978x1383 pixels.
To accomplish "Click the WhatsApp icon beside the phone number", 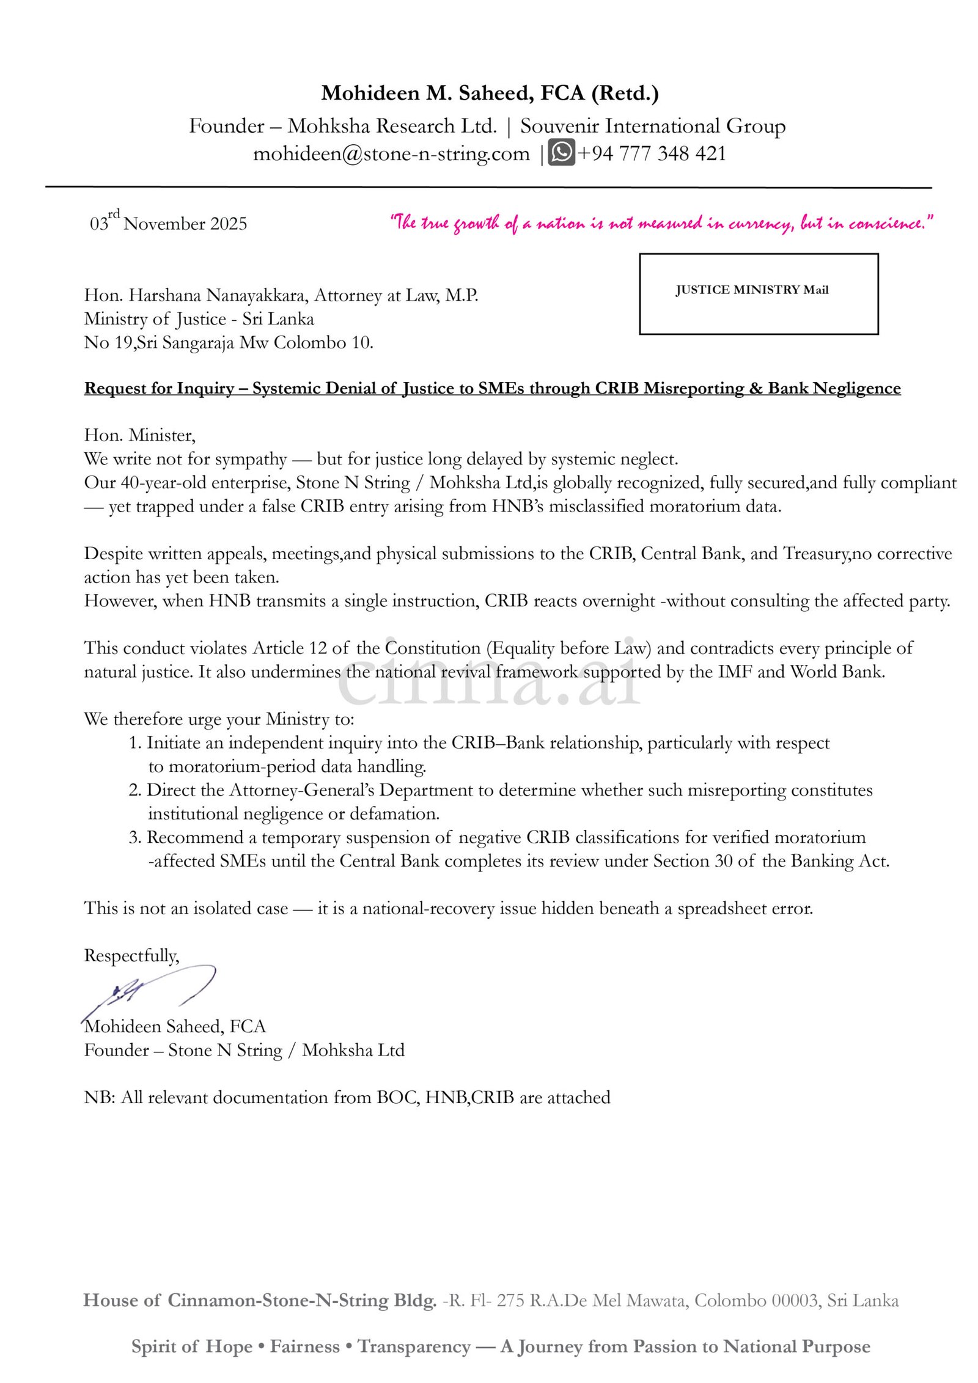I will pyautogui.click(x=561, y=153).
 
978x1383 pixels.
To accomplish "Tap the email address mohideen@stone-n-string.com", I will pyautogui.click(x=391, y=153).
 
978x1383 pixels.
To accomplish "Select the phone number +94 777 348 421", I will pyautogui.click(x=652, y=153).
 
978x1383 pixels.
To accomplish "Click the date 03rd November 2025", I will pyautogui.click(x=169, y=223).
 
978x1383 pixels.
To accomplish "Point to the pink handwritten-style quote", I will pyautogui.click(x=661, y=223).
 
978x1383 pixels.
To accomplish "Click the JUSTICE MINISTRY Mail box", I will pyautogui.click(x=758, y=294).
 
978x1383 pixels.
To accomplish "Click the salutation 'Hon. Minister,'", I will pyautogui.click(x=140, y=436).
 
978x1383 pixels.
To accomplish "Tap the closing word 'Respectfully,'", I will pyautogui.click(x=131, y=956).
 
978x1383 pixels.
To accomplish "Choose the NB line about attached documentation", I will pyautogui.click(x=347, y=1098).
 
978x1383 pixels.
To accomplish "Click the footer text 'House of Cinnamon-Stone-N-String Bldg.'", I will pyautogui.click(x=260, y=1300).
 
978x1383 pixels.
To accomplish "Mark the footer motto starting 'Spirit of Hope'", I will pyautogui.click(x=500, y=1347).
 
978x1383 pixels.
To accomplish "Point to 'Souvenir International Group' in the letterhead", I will pyautogui.click(x=652, y=127).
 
